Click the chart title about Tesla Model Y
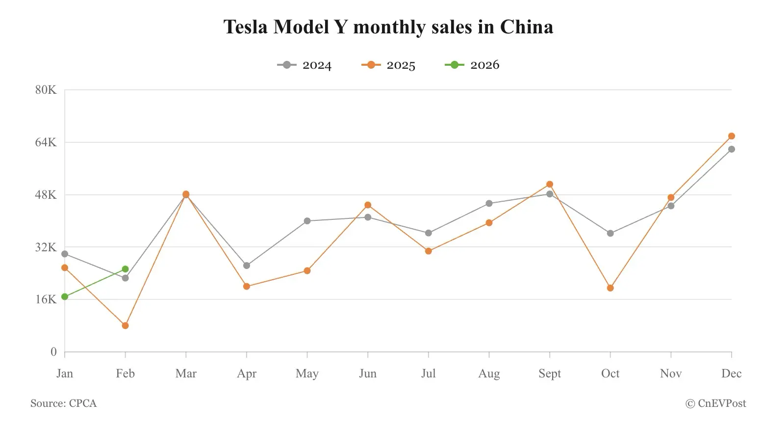click(x=388, y=27)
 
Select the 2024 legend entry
click(x=305, y=65)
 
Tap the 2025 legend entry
click(x=388, y=65)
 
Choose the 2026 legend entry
click(x=472, y=65)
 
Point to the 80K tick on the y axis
click(x=46, y=90)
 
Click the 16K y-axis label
click(x=46, y=299)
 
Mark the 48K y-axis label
click(x=46, y=195)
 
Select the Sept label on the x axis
click(x=549, y=374)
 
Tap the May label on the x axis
click(x=307, y=374)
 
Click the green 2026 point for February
click(x=125, y=269)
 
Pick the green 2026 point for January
click(x=65, y=296)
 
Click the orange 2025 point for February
click(x=125, y=325)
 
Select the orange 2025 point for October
click(x=610, y=288)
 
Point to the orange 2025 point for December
click(x=731, y=136)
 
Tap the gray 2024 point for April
click(x=247, y=266)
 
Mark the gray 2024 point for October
click(x=610, y=233)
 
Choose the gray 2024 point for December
click(x=731, y=149)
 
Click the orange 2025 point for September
click(x=550, y=185)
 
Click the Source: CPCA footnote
click(x=64, y=403)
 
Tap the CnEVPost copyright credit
click(x=715, y=403)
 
